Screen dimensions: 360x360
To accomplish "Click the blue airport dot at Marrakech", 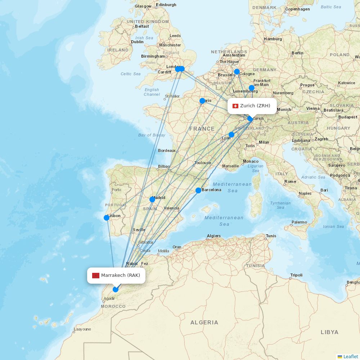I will (116, 289).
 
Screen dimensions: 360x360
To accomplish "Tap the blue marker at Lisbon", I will (107, 217).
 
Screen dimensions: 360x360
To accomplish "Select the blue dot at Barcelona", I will (198, 190).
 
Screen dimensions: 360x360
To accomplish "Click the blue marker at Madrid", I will (152, 199).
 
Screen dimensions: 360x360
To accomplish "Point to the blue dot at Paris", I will (202, 101).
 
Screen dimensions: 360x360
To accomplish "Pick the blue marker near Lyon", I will (231, 135).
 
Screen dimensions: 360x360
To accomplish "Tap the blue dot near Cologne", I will (237, 72).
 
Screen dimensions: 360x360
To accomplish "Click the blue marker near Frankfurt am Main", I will (252, 88).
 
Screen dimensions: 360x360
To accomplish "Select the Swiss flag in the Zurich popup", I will (235, 106).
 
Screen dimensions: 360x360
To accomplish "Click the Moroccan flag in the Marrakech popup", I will (95, 275).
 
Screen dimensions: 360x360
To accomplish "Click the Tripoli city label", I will (296, 275).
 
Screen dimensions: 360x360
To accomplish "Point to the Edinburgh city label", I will (166, 5).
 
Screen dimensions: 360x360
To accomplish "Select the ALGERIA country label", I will (204, 322).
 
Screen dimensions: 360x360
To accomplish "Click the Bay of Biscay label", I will (152, 135).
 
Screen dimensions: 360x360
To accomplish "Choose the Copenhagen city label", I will (297, 9).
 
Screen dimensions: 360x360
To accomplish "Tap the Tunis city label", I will (271, 236).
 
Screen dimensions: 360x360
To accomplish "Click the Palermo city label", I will (299, 222).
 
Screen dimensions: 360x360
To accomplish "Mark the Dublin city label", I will (137, 42).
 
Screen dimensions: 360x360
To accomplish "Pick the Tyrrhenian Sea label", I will (280, 205).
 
